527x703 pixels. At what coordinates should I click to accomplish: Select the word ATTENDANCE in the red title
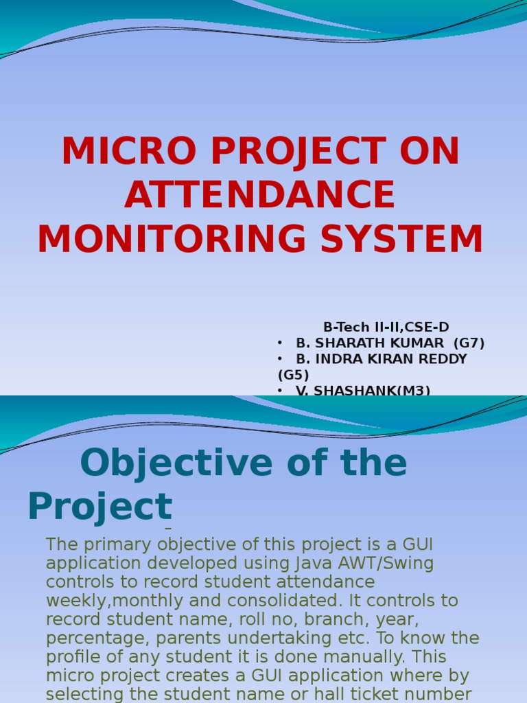(x=260, y=196)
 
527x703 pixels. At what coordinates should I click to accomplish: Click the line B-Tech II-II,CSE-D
(x=386, y=327)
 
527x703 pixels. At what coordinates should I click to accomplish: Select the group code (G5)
(x=294, y=375)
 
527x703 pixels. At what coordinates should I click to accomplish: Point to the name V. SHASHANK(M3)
(x=363, y=391)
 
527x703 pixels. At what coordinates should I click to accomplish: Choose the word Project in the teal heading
(x=99, y=507)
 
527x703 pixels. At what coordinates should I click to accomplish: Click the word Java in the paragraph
(x=318, y=564)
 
